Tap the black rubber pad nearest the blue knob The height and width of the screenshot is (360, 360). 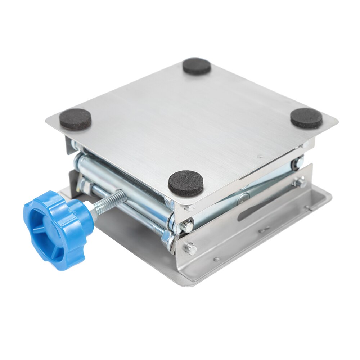[75, 119]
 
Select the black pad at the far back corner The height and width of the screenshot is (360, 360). [197, 66]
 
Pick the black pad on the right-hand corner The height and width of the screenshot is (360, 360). [306, 118]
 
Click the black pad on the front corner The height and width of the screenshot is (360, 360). [186, 183]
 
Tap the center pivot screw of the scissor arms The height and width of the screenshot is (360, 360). [243, 197]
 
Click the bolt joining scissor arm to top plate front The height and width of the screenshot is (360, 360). [186, 226]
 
